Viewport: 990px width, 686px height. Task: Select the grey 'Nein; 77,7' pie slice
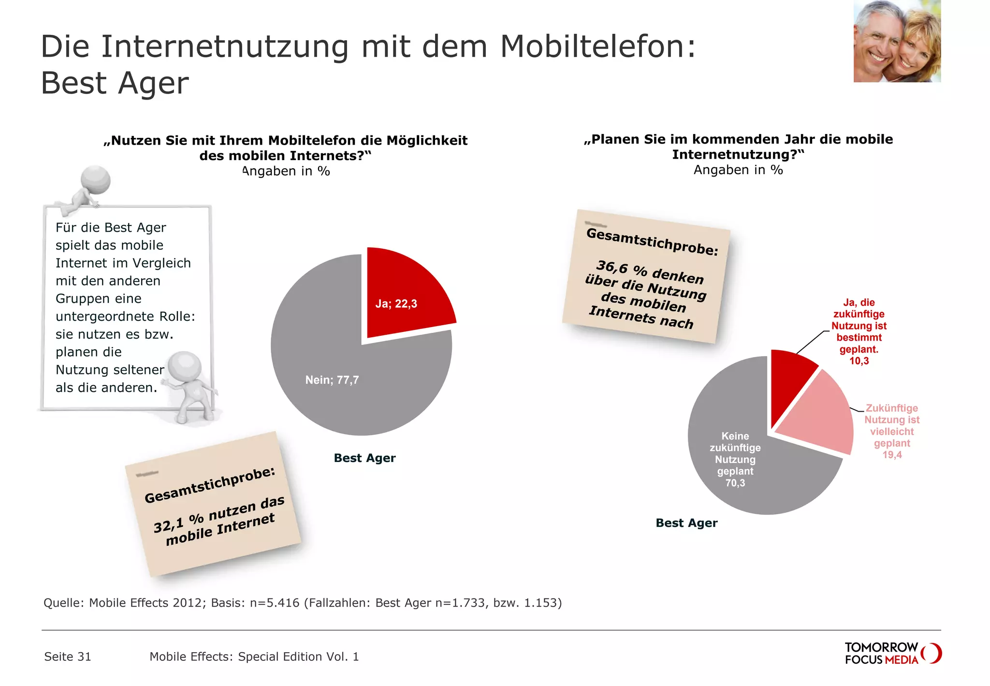click(x=338, y=382)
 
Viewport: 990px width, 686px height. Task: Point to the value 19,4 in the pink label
click(x=892, y=455)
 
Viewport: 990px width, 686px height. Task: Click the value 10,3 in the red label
click(x=859, y=361)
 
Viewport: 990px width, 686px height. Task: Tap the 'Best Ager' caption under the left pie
click(x=364, y=458)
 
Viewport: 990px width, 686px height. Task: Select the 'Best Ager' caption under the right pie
click(x=686, y=523)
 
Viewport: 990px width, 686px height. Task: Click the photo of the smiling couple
click(x=897, y=41)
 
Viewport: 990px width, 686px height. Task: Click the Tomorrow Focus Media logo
click(x=892, y=653)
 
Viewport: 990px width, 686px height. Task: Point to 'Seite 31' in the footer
click(x=68, y=656)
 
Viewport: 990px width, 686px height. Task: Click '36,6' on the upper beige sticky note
click(x=611, y=267)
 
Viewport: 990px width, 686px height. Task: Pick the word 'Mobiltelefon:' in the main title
click(x=597, y=47)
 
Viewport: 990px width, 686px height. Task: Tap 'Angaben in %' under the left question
click(x=286, y=171)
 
